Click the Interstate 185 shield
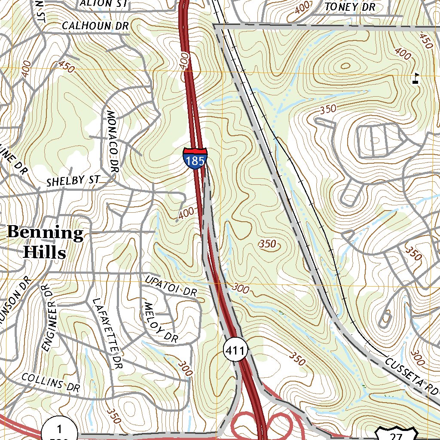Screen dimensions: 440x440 click(195, 158)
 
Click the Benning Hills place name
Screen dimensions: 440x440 click(45, 242)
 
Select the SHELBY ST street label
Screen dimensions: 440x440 click(73, 181)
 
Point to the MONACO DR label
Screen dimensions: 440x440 click(112, 142)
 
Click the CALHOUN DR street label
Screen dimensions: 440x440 click(95, 26)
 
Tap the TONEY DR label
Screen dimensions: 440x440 click(350, 7)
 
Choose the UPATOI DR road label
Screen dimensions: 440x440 click(171, 286)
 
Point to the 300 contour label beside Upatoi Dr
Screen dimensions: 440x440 click(241, 289)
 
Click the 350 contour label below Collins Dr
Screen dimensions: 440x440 click(113, 416)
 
